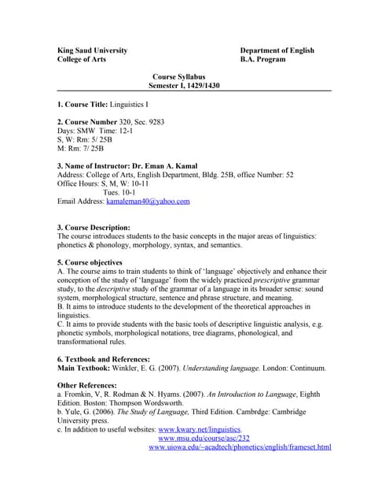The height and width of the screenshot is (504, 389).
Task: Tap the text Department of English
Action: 277,50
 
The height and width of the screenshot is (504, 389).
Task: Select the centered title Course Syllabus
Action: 179,77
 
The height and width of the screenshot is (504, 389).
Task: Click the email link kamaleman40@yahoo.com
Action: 148,201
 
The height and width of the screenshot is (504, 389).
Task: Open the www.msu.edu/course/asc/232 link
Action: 204,438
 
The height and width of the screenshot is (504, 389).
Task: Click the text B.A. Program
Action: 266,59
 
